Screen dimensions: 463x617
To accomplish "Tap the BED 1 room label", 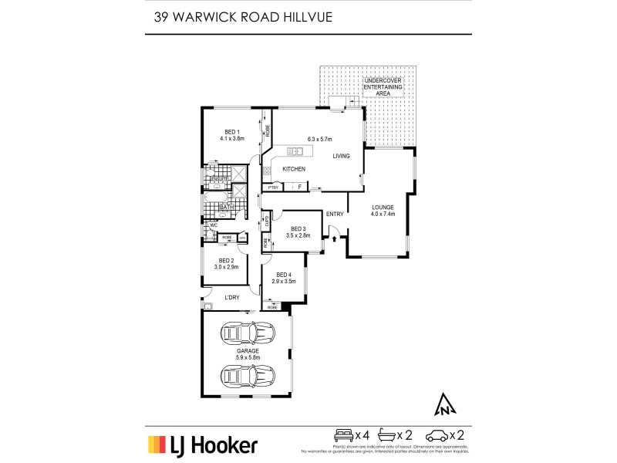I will point(233,135).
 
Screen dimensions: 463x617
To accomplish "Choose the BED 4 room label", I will point(283,279).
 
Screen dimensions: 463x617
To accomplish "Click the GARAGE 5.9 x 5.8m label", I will point(248,354).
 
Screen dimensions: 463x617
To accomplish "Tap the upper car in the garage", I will point(248,334).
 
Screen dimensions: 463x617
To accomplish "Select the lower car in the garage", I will point(248,376).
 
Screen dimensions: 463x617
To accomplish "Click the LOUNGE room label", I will point(383,211).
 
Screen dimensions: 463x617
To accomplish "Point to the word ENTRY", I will point(335,215).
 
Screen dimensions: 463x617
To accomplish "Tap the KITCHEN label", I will point(293,169).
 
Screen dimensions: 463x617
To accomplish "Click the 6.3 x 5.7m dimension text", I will point(319,139).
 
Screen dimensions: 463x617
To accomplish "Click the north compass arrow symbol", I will point(444,404).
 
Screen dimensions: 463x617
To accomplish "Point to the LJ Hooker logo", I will point(203,444).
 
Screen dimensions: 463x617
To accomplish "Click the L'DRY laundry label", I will point(232,298).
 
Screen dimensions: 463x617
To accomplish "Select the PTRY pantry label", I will point(272,187).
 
